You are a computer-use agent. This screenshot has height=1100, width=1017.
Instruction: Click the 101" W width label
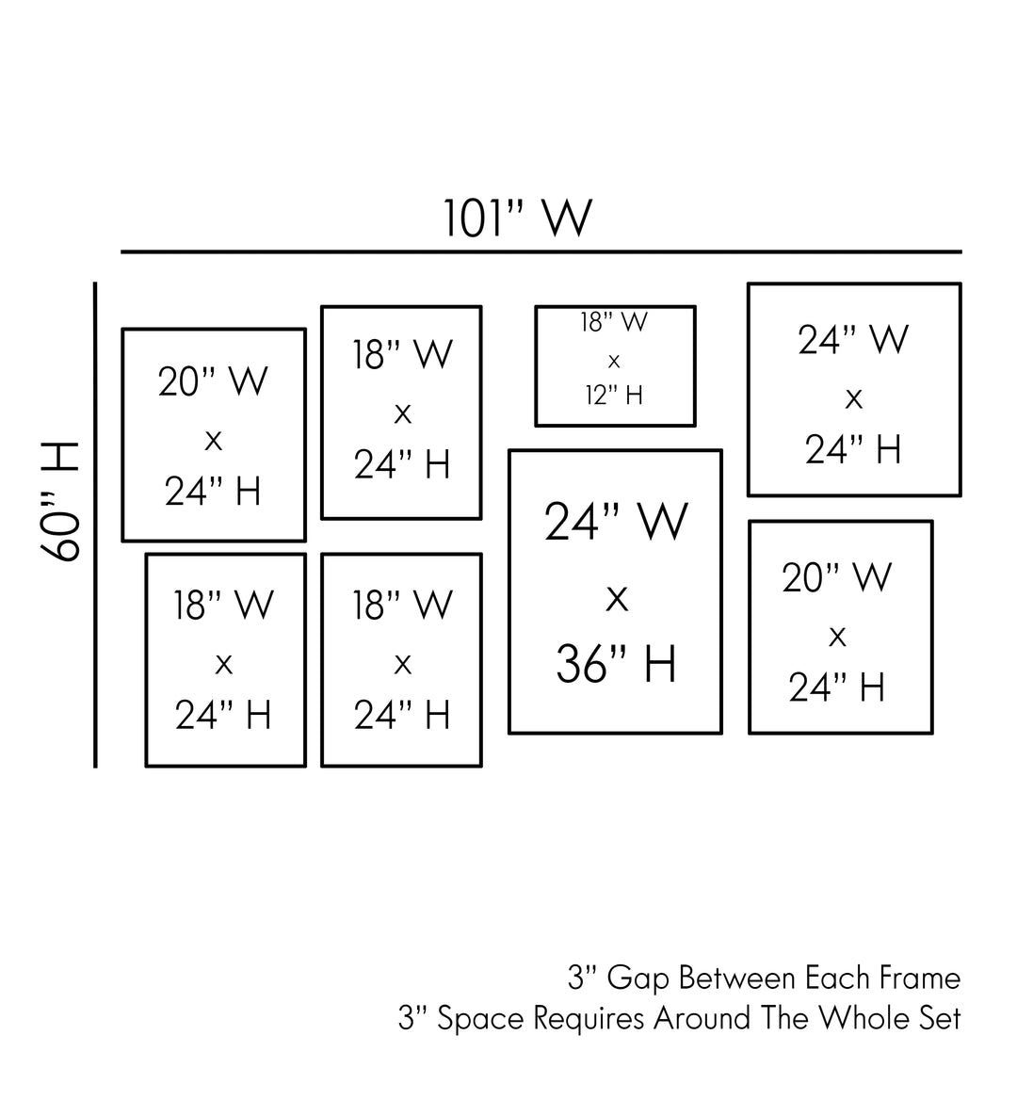click(518, 218)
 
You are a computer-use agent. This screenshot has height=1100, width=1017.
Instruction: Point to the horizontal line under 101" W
click(541, 252)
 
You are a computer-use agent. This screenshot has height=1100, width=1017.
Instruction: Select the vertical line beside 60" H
click(95, 525)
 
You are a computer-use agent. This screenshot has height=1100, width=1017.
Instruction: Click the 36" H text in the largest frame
click(616, 664)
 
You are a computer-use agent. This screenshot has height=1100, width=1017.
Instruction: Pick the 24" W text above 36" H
click(616, 522)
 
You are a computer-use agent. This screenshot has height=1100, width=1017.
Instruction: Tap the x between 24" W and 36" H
click(616, 596)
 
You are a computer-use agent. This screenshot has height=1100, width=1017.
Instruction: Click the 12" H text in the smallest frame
click(614, 396)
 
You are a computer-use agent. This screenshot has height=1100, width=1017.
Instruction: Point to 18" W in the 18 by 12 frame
click(614, 322)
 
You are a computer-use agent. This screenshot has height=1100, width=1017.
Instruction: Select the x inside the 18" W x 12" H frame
click(614, 360)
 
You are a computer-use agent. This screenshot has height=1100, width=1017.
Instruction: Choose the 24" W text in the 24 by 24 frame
click(853, 340)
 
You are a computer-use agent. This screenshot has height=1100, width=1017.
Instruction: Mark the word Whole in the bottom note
click(862, 1018)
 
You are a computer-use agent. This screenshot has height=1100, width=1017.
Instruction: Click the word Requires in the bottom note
click(589, 1018)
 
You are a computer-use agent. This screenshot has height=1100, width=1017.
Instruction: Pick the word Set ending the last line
click(939, 1018)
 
